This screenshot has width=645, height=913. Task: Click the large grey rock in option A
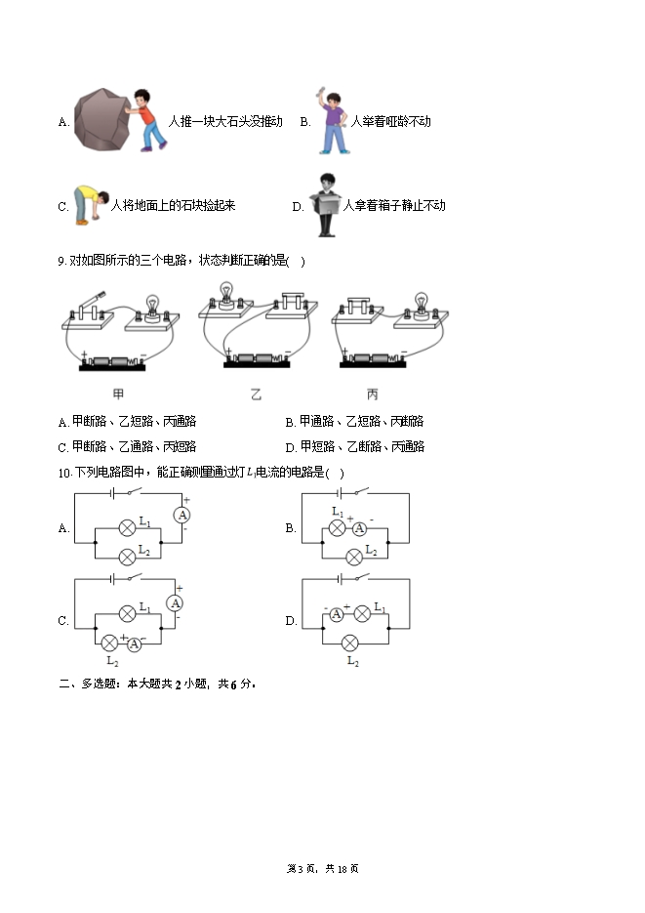[x=101, y=119]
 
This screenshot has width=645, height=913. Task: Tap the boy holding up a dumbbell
[x=332, y=121]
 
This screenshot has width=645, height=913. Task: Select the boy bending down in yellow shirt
[x=90, y=204]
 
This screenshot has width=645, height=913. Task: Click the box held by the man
[x=325, y=203]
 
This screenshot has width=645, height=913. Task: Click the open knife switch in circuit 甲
[x=90, y=307]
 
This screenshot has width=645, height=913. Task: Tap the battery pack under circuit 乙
[x=257, y=360]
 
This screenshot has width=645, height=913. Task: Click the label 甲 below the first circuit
[x=118, y=394]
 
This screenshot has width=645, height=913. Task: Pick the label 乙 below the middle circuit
[x=256, y=394]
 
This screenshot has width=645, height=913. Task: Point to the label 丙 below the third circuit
[x=372, y=394]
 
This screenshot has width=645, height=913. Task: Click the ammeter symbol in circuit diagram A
[x=182, y=515]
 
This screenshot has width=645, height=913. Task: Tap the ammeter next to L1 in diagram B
[x=359, y=528]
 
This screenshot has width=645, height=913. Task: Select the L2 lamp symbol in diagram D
[x=349, y=643]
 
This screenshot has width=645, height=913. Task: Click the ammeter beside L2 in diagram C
[x=135, y=644]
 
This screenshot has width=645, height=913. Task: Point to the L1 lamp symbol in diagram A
[x=127, y=528]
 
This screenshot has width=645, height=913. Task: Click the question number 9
[x=62, y=262]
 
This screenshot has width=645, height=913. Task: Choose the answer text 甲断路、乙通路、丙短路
[x=135, y=446]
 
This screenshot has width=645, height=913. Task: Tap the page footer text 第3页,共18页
[x=323, y=869]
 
